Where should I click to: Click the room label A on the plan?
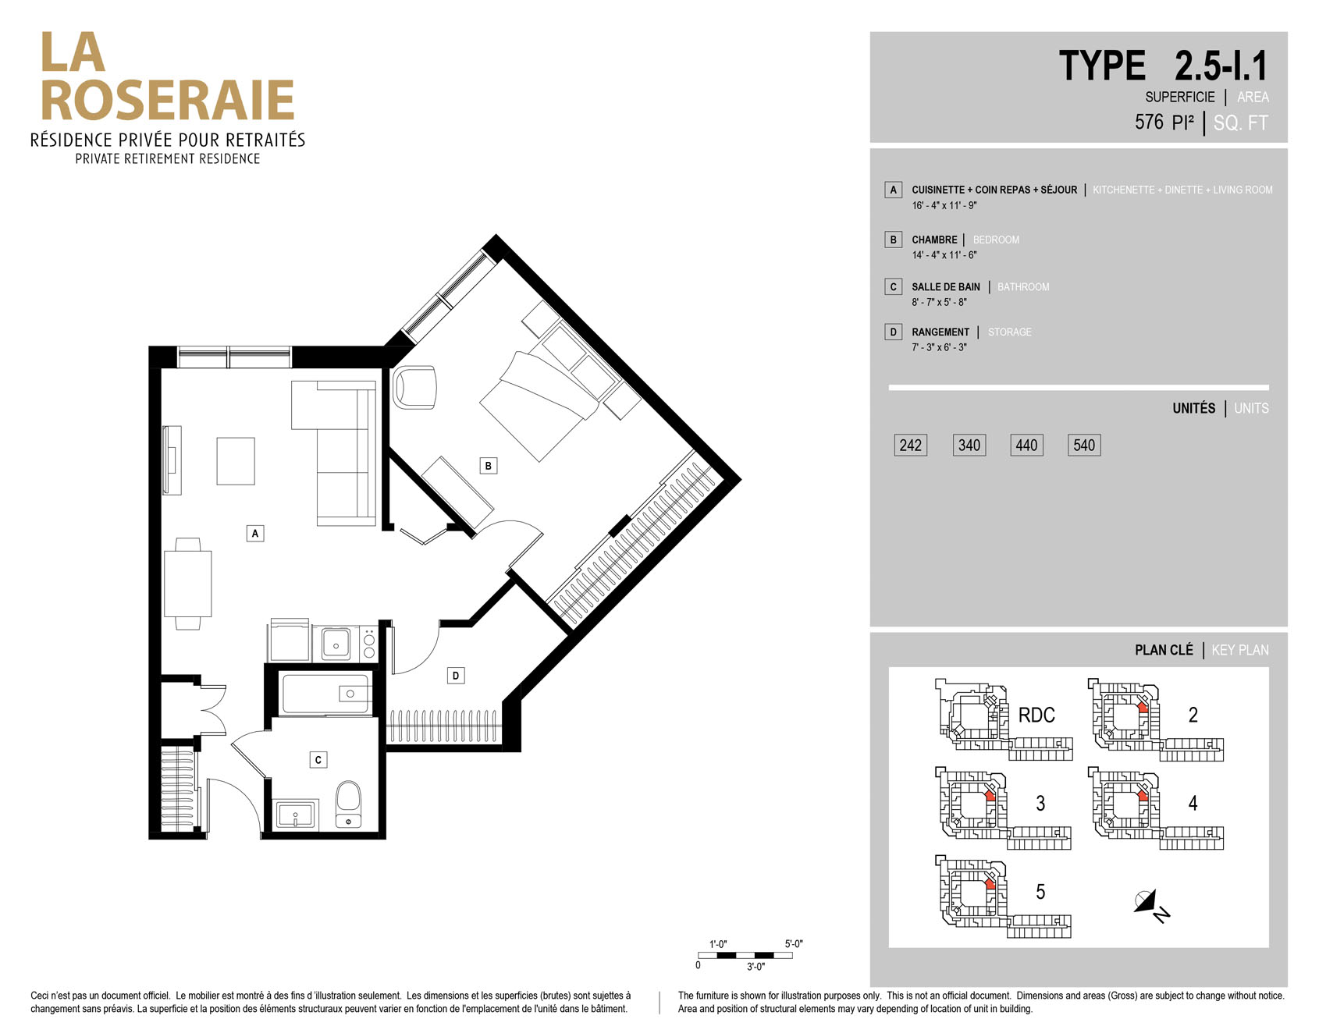pos(255,534)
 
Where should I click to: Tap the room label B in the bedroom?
pos(489,466)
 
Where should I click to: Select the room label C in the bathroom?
pos(318,760)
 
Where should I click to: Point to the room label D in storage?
pos(456,676)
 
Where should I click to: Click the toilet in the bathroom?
pos(348,804)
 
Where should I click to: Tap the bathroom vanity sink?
pos(295,815)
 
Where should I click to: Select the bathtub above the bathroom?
pos(326,694)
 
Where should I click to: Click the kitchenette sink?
pos(336,644)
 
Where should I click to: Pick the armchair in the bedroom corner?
pos(414,387)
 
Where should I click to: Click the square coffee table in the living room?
pos(236,461)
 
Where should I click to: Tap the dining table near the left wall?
pos(188,584)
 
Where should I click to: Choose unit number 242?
pos(911,446)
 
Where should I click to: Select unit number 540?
pos(1084,446)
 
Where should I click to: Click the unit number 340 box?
pos(969,446)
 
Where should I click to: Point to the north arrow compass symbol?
pos(1151,905)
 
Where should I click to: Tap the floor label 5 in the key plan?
pos(1040,892)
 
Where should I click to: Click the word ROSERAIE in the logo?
pos(167,101)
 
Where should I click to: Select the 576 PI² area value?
pos(1164,122)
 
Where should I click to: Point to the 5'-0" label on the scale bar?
pos(794,944)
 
